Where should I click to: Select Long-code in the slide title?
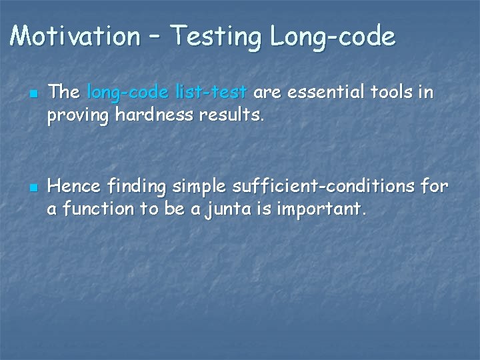[333, 37]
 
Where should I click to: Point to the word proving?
[78, 116]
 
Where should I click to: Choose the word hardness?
[145, 115]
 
